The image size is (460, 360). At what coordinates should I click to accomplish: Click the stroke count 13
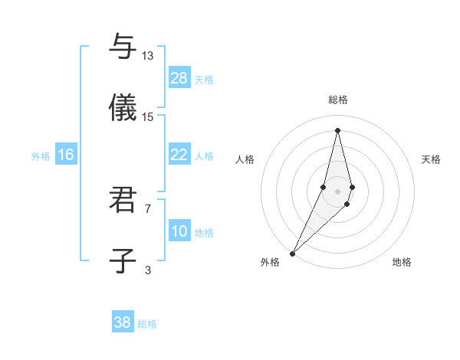pos(147,56)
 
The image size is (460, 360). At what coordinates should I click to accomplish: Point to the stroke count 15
pos(147,117)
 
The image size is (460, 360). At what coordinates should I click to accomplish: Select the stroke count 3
pos(147,270)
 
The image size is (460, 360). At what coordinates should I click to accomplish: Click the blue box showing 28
pos(179,78)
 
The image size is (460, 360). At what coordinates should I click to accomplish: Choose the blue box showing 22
pos(179,155)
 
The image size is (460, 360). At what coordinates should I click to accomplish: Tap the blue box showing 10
pos(179,231)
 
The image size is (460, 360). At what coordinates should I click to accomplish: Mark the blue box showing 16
pos(66,155)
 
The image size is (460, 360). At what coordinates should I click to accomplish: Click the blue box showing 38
pos(123,322)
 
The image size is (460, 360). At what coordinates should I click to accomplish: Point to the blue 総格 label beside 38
pos(147,324)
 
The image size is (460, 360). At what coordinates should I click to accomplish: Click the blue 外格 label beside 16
pos(41,156)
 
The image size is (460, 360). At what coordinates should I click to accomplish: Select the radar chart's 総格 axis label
pos(337,100)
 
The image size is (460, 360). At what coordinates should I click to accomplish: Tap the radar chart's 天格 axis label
pos(431,159)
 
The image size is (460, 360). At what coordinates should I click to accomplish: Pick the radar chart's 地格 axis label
pos(402,262)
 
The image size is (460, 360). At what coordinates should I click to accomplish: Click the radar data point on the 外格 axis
pos(292,253)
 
